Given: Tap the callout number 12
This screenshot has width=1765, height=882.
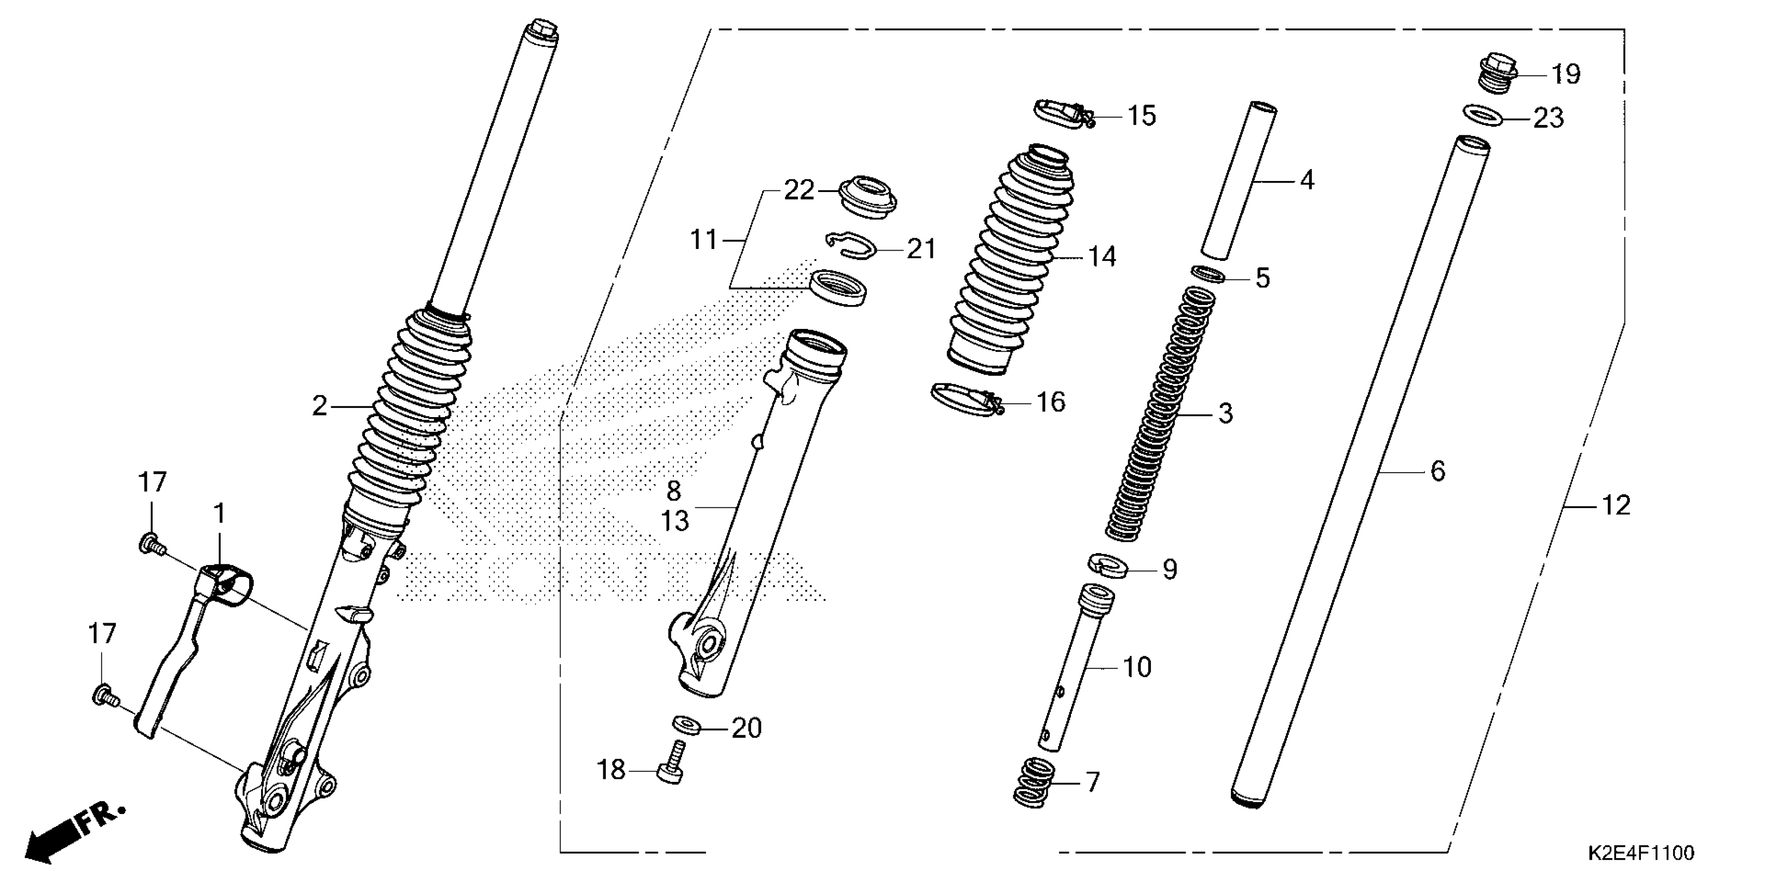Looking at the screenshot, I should point(1615,505).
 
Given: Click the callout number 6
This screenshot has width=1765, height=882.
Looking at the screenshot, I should point(1437,471).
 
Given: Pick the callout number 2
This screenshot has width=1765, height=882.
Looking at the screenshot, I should point(320,407).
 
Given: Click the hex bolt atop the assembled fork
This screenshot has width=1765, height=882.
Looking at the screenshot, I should point(541,30).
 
